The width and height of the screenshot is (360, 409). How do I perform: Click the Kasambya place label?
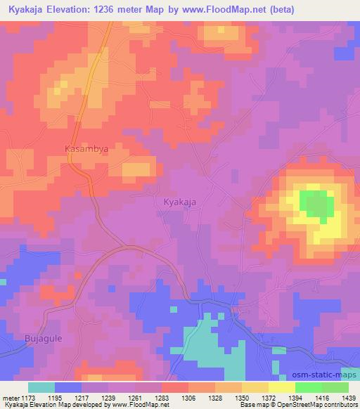point(86,150)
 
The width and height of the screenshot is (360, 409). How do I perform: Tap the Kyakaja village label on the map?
point(179,202)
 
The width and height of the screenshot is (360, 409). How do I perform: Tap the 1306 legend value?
point(188,398)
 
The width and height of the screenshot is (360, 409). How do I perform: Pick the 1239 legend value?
point(108,398)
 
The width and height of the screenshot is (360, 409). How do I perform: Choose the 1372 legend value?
point(269,398)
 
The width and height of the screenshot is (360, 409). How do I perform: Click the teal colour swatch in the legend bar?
point(41,387)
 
